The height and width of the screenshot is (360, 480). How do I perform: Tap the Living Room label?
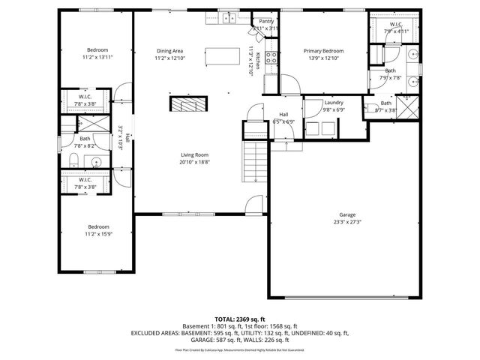pyautogui.click(x=194, y=154)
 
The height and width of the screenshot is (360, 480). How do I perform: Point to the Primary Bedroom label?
pyautogui.click(x=322, y=51)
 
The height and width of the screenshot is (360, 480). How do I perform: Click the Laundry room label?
pyautogui.click(x=333, y=102)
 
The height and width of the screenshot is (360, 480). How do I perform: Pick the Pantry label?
pyautogui.click(x=266, y=22)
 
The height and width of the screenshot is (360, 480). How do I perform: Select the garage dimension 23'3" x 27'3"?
pyautogui.click(x=346, y=222)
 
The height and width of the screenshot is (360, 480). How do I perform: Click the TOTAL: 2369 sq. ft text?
pyautogui.click(x=240, y=318)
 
